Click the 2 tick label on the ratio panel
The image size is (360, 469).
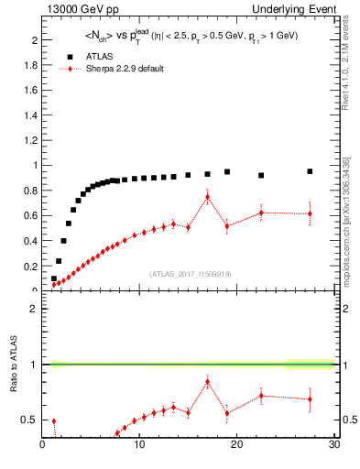34,309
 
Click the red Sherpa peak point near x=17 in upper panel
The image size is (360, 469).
208,197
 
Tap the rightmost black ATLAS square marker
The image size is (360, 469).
310,171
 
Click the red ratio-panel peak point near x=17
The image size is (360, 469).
208,381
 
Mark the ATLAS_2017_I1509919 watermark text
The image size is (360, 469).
189,274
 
